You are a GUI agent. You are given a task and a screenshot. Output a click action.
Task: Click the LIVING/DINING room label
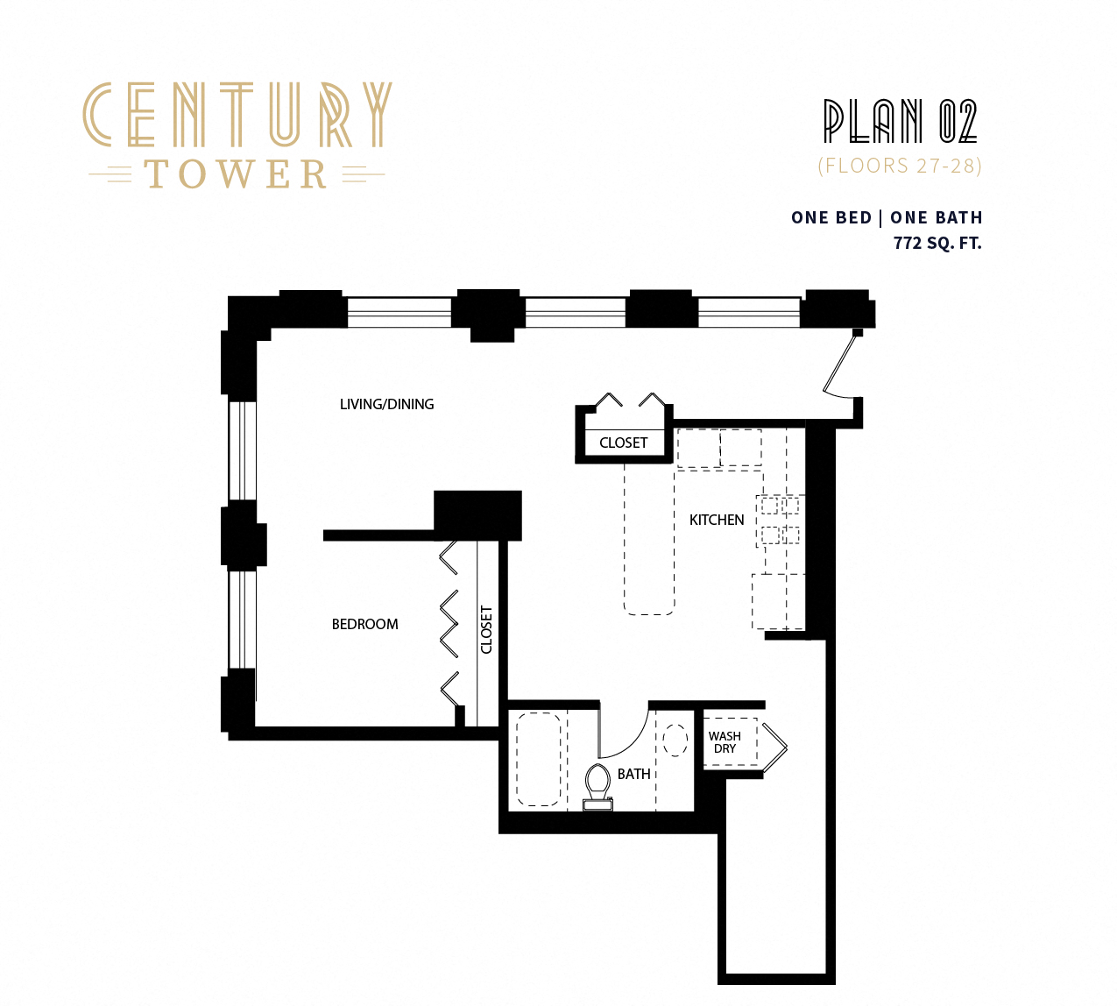386,404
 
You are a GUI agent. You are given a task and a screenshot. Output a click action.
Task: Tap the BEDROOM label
364,624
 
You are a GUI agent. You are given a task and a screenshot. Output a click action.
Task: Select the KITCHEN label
717,520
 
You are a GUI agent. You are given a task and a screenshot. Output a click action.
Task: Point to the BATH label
633,774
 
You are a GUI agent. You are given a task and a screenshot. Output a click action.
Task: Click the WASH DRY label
725,742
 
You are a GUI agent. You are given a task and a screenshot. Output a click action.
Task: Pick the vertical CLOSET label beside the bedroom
487,629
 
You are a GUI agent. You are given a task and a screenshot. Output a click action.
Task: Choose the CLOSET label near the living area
623,443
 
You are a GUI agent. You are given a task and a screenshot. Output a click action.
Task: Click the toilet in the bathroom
598,784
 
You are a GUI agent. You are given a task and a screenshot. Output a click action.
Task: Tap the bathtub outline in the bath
538,759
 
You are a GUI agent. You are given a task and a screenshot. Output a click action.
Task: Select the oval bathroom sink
675,740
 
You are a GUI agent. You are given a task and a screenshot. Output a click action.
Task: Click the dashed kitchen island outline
649,539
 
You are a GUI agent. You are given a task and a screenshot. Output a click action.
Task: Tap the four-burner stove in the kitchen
780,520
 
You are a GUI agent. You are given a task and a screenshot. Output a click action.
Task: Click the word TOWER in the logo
237,174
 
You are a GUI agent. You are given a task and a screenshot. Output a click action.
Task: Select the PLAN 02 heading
900,121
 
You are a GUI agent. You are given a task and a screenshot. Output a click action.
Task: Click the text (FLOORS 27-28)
900,166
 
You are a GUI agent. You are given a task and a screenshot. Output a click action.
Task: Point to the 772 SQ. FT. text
937,243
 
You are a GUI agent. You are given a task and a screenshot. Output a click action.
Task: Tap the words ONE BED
831,217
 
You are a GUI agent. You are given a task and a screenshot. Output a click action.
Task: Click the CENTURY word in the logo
237,115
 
